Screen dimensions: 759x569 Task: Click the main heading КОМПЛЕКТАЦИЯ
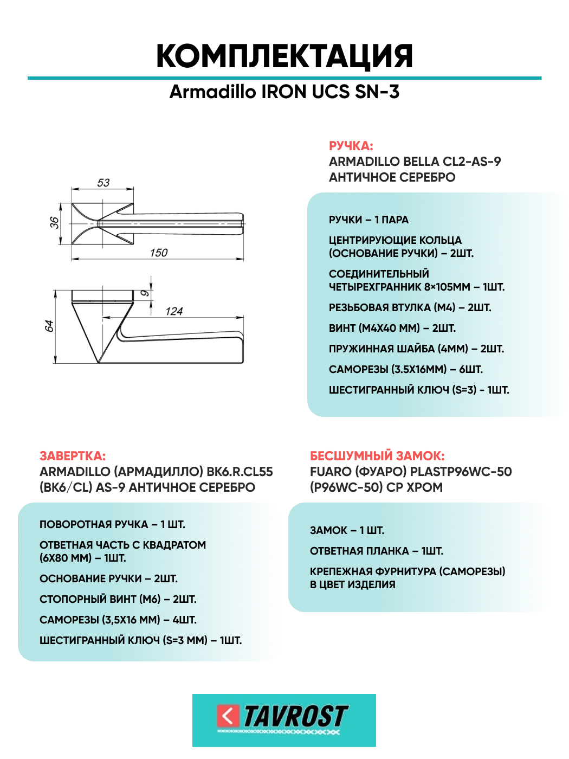pos(284,56)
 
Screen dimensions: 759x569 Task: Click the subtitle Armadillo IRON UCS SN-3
pos(284,92)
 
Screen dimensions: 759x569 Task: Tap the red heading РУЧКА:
pos(351,146)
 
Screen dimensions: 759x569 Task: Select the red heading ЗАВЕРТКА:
pos(73,456)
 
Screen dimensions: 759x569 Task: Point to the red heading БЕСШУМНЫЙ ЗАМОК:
pos(377,456)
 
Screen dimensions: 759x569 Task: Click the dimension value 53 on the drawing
pos(103,183)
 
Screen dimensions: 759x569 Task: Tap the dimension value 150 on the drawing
pos(159,253)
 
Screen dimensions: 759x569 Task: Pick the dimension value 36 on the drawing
pos(54,223)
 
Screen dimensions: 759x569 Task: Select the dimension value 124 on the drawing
pos(174,311)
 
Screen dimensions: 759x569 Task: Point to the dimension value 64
pos(49,326)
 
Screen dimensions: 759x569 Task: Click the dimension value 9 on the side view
pos(145,293)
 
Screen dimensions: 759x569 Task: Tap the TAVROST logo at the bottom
pos(284,720)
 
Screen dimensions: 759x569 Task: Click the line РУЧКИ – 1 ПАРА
pos(368,220)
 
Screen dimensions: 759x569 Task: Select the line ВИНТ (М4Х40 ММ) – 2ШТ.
pos(392,328)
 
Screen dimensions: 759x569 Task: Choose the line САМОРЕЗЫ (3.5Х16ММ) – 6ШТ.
pos(405,369)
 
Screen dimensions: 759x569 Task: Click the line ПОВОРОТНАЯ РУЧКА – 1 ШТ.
pos(112,524)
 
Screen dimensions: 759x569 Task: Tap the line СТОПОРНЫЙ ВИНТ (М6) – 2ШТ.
pos(118,599)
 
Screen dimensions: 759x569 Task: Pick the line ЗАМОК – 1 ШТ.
pos(347,530)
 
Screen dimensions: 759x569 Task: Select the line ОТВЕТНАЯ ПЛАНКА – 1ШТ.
pos(376,551)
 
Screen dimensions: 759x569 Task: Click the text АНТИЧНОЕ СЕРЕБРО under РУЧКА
pos(392,177)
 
